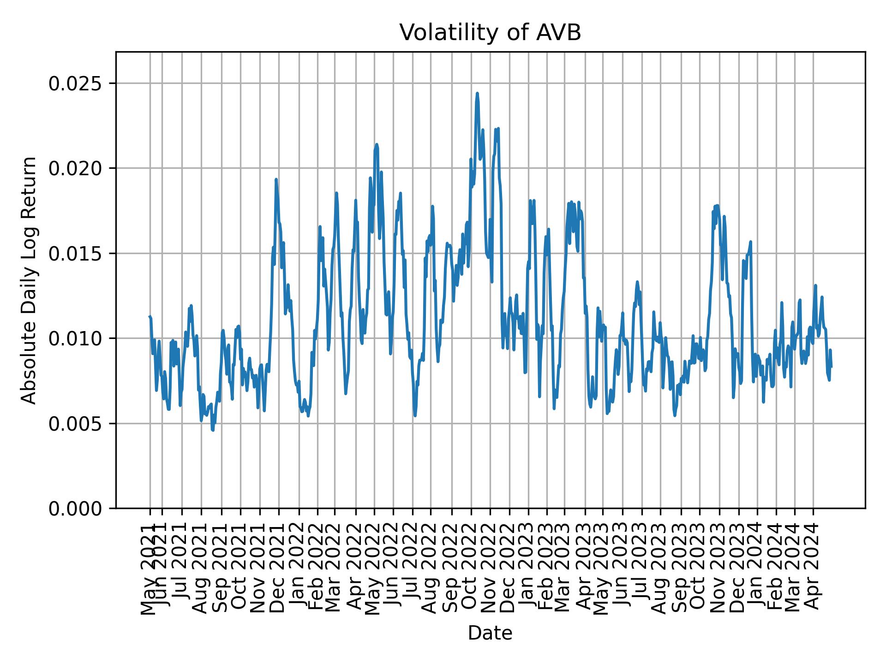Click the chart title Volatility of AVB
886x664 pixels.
coord(490,33)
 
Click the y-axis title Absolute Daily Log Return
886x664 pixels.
coord(30,280)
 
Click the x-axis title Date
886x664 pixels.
coord(490,634)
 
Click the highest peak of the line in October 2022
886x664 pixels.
coord(477,93)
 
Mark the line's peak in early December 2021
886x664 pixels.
coord(276,179)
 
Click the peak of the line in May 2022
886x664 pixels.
coord(377,144)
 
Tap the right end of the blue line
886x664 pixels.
coord(831,367)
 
